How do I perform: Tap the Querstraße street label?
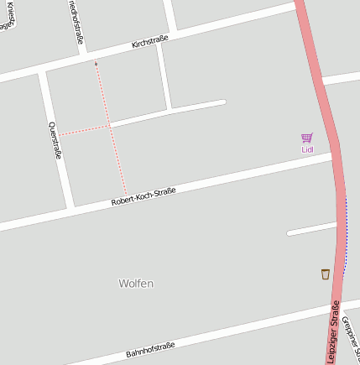55,140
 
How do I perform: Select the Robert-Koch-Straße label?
143,197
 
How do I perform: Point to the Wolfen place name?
136,284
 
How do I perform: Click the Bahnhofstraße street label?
150,349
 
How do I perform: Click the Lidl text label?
307,149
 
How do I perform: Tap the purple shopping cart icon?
307,138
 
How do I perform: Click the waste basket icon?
325,274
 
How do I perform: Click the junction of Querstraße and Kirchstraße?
41,73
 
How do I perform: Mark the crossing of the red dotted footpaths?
110,127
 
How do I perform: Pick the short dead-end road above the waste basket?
310,229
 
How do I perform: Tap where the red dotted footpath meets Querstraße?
56,135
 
